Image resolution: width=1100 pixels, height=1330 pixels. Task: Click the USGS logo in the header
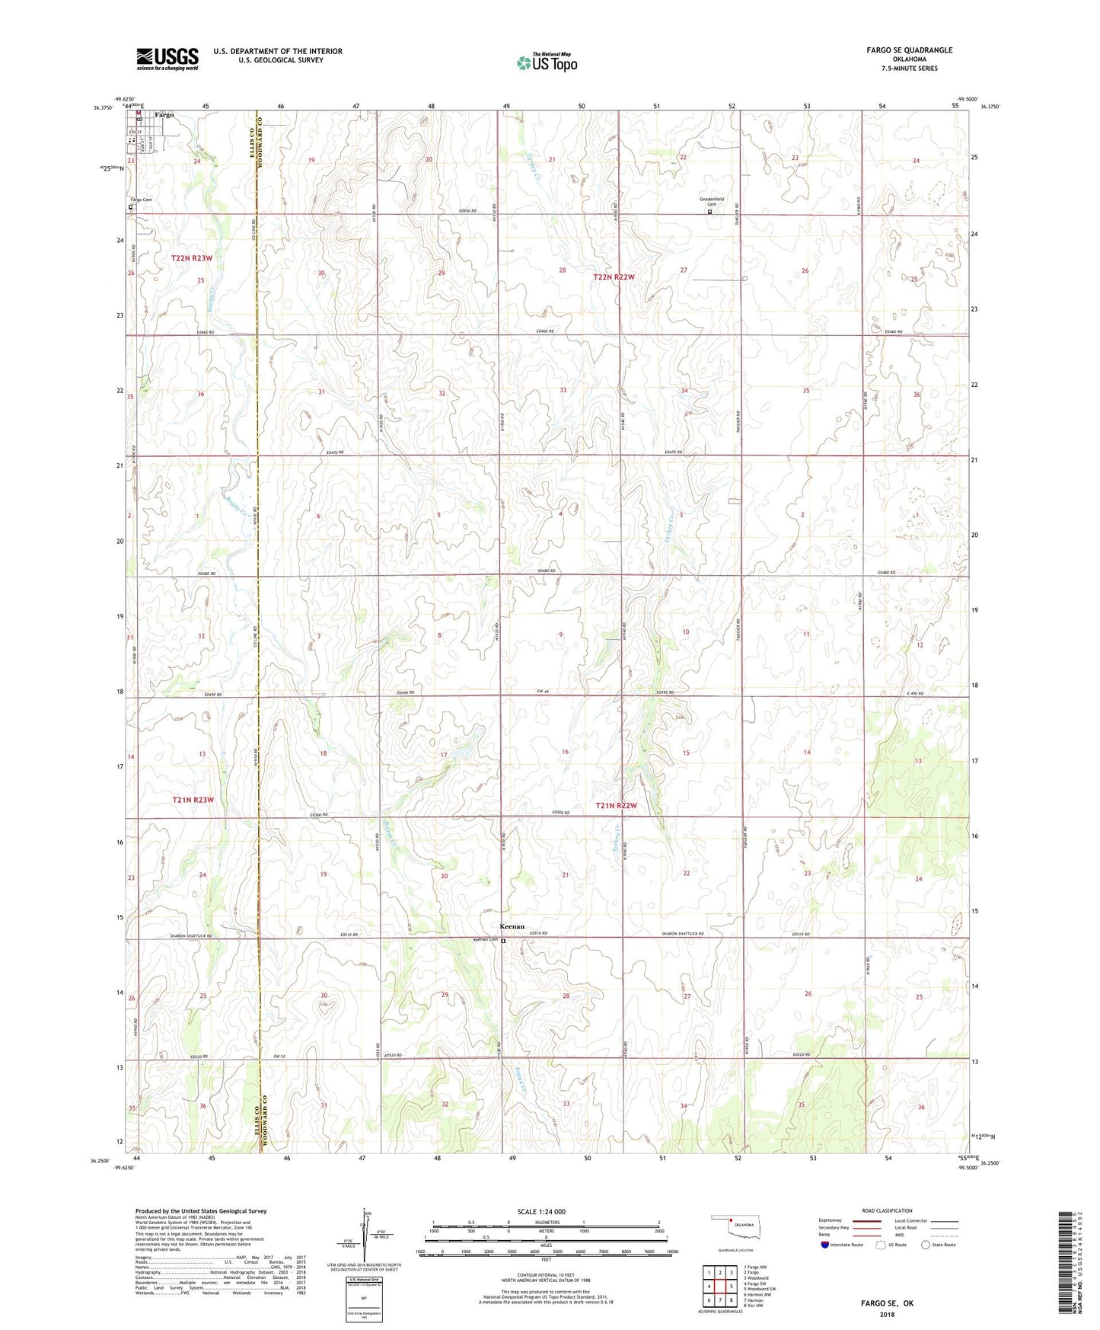167,59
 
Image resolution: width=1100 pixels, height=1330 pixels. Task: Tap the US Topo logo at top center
547,62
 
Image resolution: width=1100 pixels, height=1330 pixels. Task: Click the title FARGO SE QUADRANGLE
909,50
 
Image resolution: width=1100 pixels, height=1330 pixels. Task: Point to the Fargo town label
164,115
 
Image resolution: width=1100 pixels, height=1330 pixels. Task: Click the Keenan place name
512,926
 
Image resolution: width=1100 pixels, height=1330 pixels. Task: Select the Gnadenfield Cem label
712,202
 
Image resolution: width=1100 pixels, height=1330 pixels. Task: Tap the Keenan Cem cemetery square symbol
503,941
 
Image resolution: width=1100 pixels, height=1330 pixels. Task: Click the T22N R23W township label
192,258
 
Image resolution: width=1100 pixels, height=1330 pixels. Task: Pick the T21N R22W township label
615,805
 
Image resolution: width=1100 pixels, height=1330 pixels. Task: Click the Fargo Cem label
142,200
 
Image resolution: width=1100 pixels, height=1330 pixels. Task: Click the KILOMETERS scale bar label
546,1222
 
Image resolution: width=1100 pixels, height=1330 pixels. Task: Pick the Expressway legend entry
829,1220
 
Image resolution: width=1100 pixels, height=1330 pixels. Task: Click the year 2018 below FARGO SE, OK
887,1314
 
